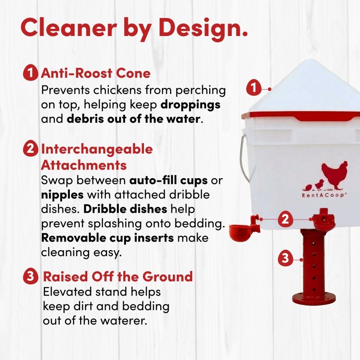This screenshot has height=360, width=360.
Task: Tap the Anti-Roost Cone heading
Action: pyautogui.click(x=96, y=73)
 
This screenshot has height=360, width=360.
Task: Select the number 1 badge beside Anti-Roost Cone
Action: pyautogui.click(x=30, y=73)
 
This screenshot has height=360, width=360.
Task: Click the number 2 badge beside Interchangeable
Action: pyautogui.click(x=30, y=149)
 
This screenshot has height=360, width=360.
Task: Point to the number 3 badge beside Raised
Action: pyautogui.click(x=31, y=276)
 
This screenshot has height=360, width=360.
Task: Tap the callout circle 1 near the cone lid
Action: pyautogui.click(x=254, y=88)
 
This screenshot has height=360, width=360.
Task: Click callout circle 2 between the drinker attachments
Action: pyautogui.click(x=285, y=219)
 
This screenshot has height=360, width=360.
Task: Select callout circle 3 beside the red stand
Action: pyautogui.click(x=285, y=258)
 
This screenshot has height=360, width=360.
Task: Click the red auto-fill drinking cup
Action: pyautogui.click(x=241, y=232)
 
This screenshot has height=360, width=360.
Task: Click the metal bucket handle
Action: pyautogui.click(x=243, y=161)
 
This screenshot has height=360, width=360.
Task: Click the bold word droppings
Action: pyautogui.click(x=190, y=104)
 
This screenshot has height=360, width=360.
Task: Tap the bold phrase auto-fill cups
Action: pyautogui.click(x=168, y=180)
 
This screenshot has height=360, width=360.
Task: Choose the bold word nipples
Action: pyautogui.click(x=62, y=195)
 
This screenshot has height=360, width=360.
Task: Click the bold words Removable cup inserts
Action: pyautogui.click(x=108, y=238)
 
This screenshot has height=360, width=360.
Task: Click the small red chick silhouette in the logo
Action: pyautogui.click(x=319, y=184)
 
